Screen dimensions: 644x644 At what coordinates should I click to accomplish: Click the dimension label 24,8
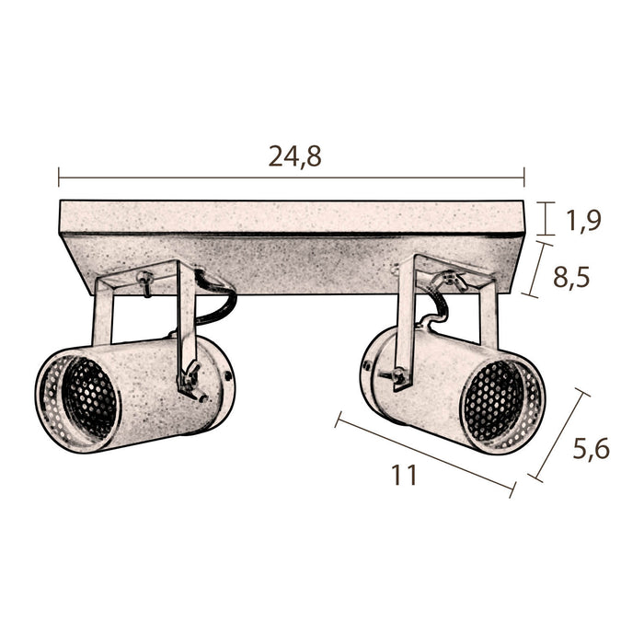294,156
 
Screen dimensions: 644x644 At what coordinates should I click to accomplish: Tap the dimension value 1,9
583,221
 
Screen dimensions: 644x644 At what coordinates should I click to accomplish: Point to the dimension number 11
404,476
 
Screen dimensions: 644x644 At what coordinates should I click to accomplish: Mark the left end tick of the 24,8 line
59,177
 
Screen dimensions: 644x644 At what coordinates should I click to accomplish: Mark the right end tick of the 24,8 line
524,177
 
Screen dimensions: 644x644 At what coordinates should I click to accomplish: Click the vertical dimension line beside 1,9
546,219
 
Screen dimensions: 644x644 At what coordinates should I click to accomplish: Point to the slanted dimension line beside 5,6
558,435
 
